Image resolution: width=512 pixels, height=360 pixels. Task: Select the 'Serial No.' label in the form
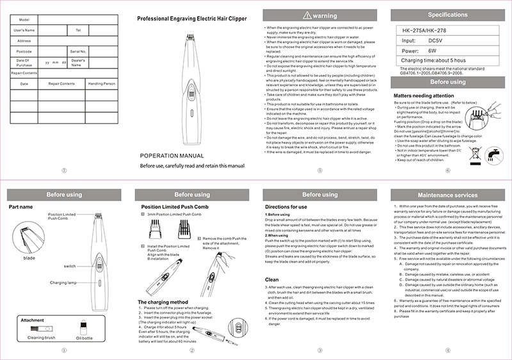(x=78, y=51)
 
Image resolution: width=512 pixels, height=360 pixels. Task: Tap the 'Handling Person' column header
(x=101, y=84)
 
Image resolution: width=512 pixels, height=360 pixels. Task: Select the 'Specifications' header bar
(x=447, y=14)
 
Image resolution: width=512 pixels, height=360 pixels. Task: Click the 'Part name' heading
(x=20, y=207)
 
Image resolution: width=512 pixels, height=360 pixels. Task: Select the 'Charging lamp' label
(x=63, y=282)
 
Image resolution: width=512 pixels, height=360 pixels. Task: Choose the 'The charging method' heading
(x=163, y=301)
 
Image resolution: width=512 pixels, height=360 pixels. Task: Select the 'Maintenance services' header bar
(x=447, y=194)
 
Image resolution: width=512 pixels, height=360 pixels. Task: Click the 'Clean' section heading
(x=272, y=279)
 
